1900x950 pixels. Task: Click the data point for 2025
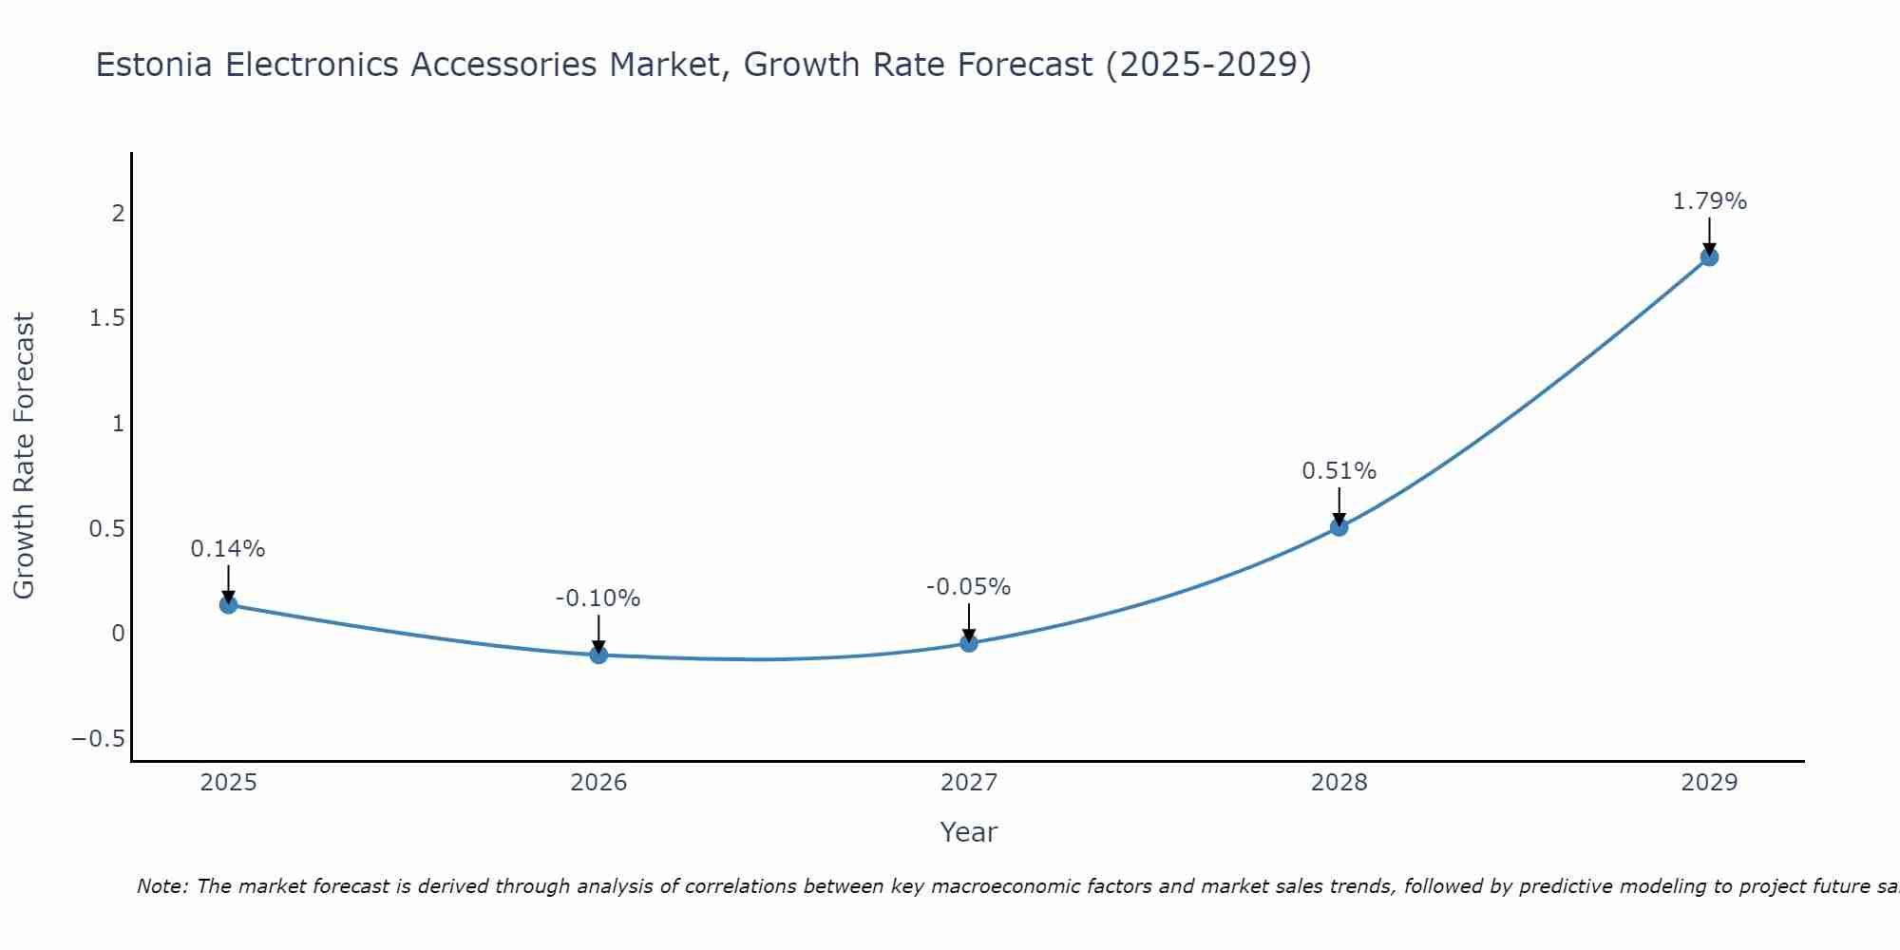coord(228,604)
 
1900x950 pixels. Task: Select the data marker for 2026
coord(598,655)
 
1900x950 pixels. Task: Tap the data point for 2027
coord(969,643)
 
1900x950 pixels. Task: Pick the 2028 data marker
coord(1339,526)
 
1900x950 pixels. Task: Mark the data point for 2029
coord(1709,256)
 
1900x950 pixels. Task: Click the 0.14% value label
coord(228,549)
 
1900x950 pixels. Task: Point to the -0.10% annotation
coord(598,598)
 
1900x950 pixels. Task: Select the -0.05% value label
coord(969,587)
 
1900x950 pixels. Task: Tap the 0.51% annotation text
coord(1339,471)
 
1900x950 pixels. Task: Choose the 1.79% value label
coord(1709,201)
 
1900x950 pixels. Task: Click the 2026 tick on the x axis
coord(598,783)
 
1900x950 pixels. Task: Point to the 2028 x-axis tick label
coord(1339,783)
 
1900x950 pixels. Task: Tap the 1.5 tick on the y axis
coord(107,318)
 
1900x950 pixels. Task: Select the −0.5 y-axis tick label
coord(99,739)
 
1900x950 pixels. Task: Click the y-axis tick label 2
coord(119,213)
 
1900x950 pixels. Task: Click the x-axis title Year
coord(969,832)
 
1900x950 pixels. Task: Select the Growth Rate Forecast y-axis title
coord(24,456)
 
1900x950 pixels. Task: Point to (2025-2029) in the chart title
coord(1208,65)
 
